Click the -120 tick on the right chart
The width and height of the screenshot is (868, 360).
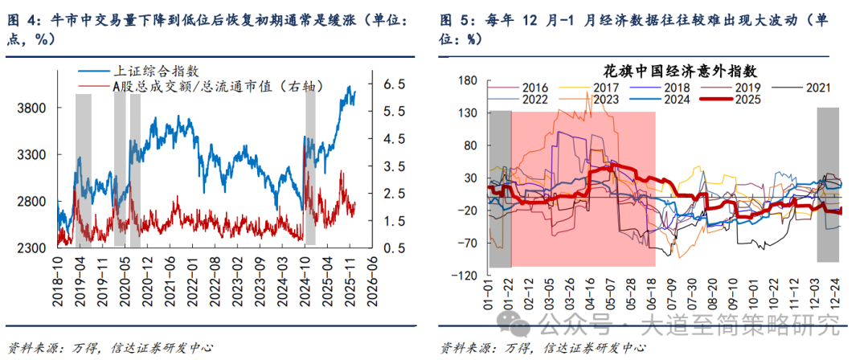pyautogui.click(x=465, y=275)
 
